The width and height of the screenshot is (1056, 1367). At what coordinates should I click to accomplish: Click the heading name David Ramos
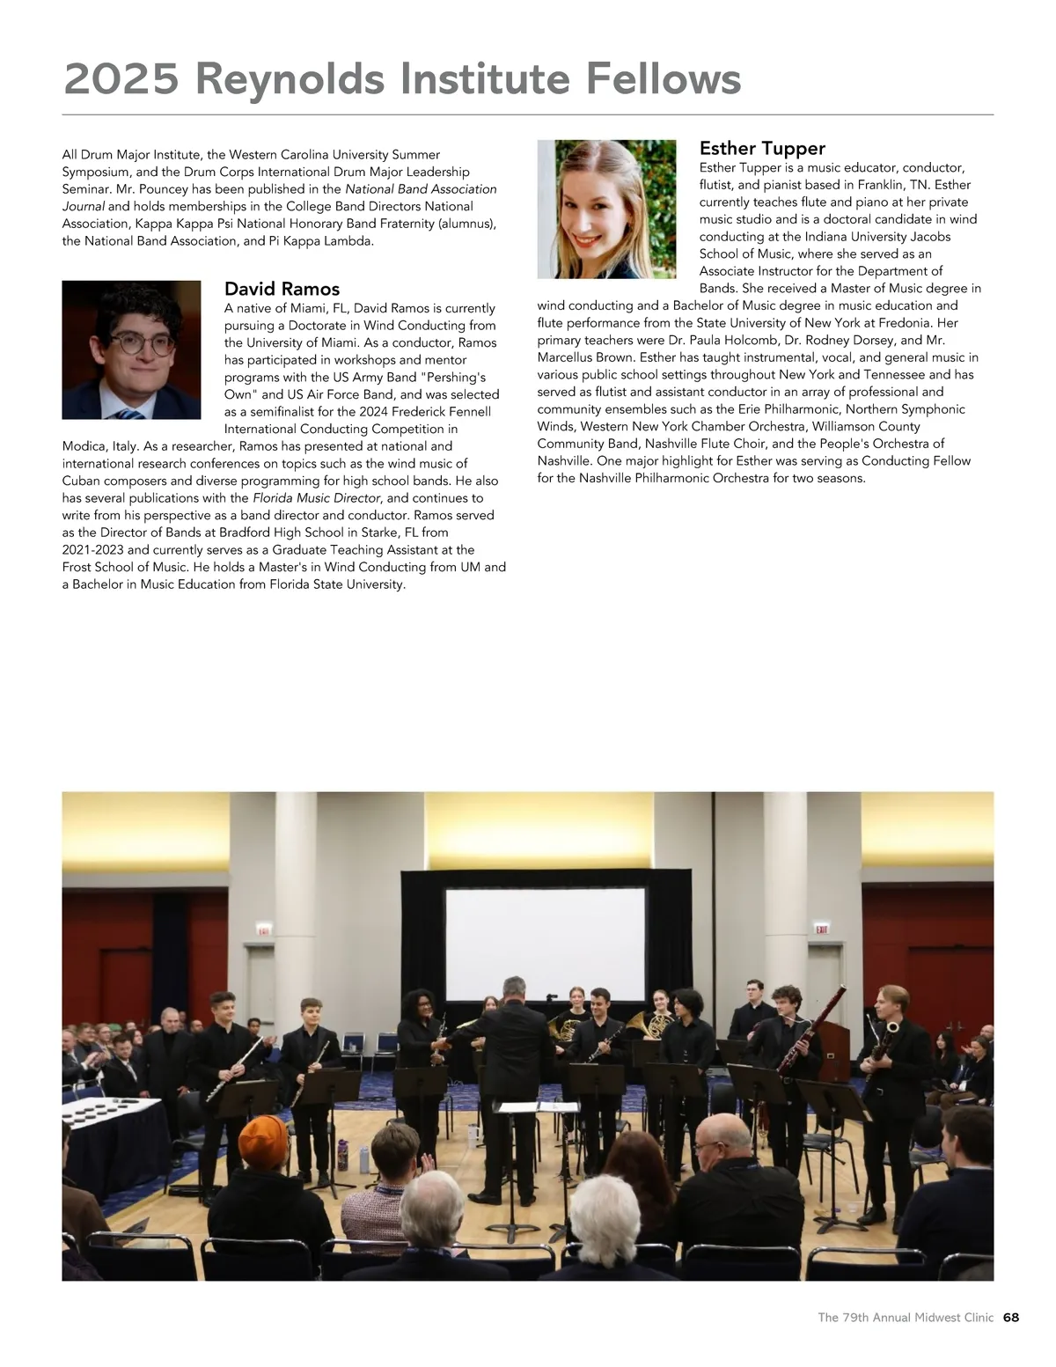282,289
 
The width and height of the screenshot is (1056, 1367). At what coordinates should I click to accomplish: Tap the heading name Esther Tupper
762,148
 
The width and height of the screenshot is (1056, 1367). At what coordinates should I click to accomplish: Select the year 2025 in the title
121,79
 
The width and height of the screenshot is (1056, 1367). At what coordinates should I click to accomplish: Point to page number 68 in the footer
1010,1318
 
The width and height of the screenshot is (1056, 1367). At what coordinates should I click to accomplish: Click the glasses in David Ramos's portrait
140,343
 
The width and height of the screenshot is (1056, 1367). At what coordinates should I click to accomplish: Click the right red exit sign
822,930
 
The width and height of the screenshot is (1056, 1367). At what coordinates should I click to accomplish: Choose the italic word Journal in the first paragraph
84,206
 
